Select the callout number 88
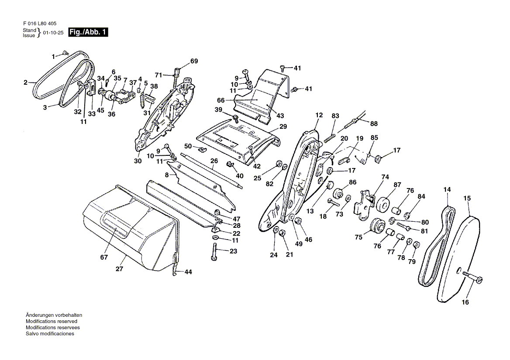374,123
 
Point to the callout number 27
119,269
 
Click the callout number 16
465,302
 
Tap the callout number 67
103,257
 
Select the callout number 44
188,272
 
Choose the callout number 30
138,161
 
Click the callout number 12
319,115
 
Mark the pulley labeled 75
376,226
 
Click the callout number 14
447,189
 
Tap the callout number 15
467,198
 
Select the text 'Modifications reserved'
52,321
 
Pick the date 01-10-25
52,33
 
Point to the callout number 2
25,82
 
